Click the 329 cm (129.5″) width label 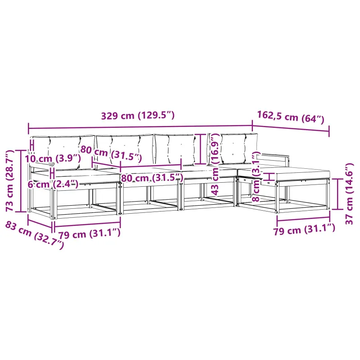point(138,116)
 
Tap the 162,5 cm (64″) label point(290,117)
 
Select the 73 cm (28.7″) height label point(10,181)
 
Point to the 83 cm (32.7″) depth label point(35,235)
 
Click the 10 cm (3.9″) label point(53,158)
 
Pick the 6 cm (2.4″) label point(53,184)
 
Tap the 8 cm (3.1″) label point(256,176)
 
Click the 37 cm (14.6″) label point(349,194)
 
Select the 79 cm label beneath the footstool point(304,229)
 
